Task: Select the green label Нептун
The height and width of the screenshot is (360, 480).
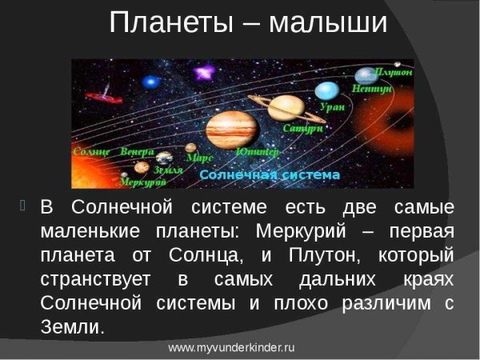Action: pos(371,89)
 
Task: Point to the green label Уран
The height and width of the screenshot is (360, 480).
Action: pos(332,106)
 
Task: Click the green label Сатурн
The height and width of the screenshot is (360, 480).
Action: pos(303,128)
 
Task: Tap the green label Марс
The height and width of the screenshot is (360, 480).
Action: pos(199,158)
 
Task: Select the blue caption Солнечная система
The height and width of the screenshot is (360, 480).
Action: pos(269,174)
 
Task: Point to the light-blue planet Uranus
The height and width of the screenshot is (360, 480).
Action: pos(326,90)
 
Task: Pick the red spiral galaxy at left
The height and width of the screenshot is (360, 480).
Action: pos(99,98)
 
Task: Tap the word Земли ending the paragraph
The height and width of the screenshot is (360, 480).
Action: pos(72,326)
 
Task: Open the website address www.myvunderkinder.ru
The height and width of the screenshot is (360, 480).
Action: pos(232,349)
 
